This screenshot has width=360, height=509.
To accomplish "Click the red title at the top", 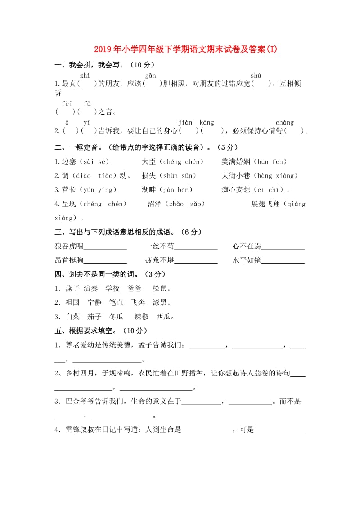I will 180,49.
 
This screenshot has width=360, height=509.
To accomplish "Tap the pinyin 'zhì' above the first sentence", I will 85,76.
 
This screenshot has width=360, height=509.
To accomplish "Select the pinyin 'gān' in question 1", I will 150,76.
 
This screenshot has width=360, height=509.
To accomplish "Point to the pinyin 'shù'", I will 256,76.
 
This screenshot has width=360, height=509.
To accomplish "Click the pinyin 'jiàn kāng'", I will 196,122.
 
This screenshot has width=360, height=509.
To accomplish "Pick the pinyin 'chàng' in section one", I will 284,122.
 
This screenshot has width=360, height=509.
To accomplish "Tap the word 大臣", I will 149,161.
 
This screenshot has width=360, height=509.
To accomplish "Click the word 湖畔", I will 149,190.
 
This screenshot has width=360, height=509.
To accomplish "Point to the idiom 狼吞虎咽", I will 69,246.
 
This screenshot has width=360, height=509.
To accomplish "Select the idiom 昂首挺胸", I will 69,260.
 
